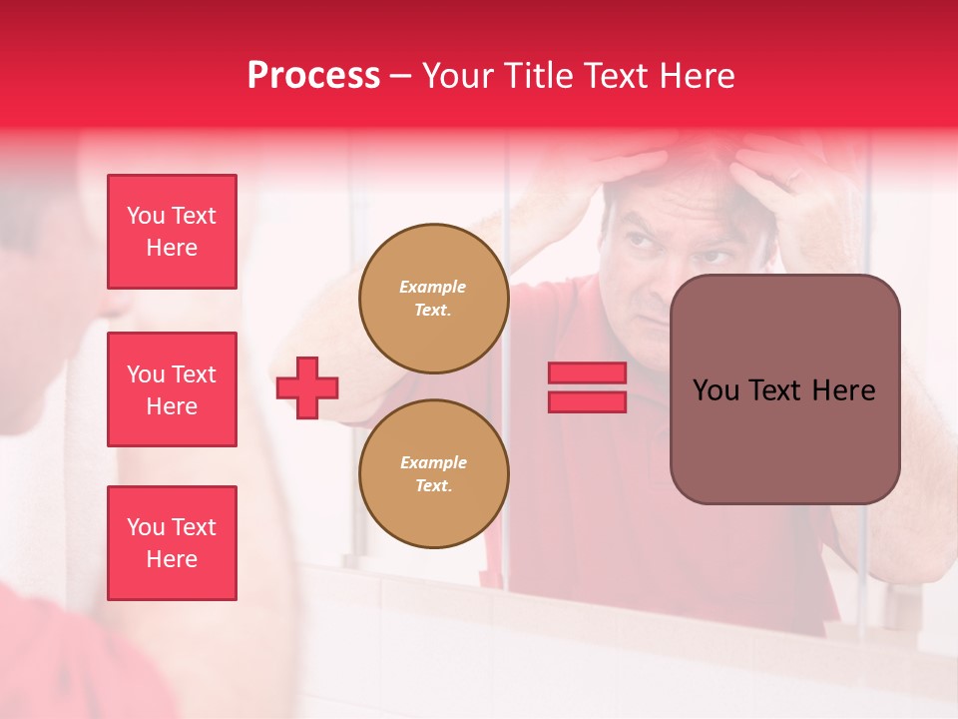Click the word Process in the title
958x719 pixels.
point(313,76)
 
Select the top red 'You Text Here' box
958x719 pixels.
point(172,232)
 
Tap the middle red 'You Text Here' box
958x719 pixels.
point(172,389)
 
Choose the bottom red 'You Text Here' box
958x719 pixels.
point(172,543)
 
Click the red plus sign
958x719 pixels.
point(307,387)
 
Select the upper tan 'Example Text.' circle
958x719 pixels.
point(433,299)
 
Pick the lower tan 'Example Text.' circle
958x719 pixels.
point(433,474)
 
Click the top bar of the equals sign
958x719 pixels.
point(587,372)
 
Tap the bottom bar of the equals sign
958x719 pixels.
point(587,401)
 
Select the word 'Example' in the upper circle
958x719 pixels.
point(433,287)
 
